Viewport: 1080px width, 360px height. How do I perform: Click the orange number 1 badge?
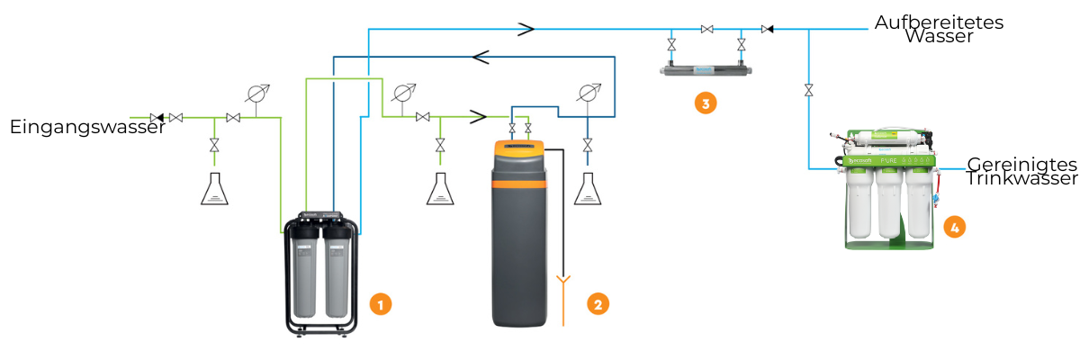click(x=381, y=304)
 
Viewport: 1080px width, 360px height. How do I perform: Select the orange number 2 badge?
click(x=598, y=304)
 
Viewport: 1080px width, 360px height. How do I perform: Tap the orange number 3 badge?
click(x=706, y=103)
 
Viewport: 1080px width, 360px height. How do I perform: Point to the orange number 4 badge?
click(x=955, y=227)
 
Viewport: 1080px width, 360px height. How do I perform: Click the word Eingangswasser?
click(x=88, y=127)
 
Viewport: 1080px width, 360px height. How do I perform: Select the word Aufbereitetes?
click(x=939, y=22)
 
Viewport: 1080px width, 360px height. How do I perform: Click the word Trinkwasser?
click(x=1021, y=178)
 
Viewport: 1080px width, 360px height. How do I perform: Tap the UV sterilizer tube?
click(x=706, y=70)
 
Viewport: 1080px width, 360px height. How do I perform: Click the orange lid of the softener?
click(x=519, y=147)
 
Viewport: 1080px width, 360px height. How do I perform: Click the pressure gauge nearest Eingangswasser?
click(x=257, y=94)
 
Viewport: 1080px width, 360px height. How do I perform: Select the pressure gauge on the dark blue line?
click(x=589, y=93)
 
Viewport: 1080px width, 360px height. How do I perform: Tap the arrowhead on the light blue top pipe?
click(x=526, y=29)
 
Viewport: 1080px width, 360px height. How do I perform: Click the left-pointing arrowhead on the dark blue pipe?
click(x=481, y=57)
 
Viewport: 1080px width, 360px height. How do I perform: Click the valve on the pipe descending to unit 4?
click(x=808, y=90)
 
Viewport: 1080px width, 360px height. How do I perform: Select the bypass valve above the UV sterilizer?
click(x=706, y=30)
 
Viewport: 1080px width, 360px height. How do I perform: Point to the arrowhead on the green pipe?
click(x=478, y=117)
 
